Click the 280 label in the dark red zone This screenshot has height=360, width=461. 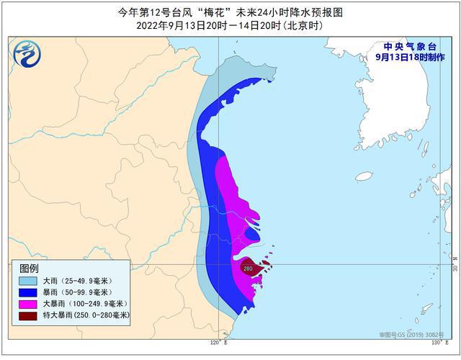point(248,269)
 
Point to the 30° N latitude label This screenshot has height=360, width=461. point(455,267)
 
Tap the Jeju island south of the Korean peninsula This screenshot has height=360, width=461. point(364,176)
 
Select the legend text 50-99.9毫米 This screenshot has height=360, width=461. point(86,292)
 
